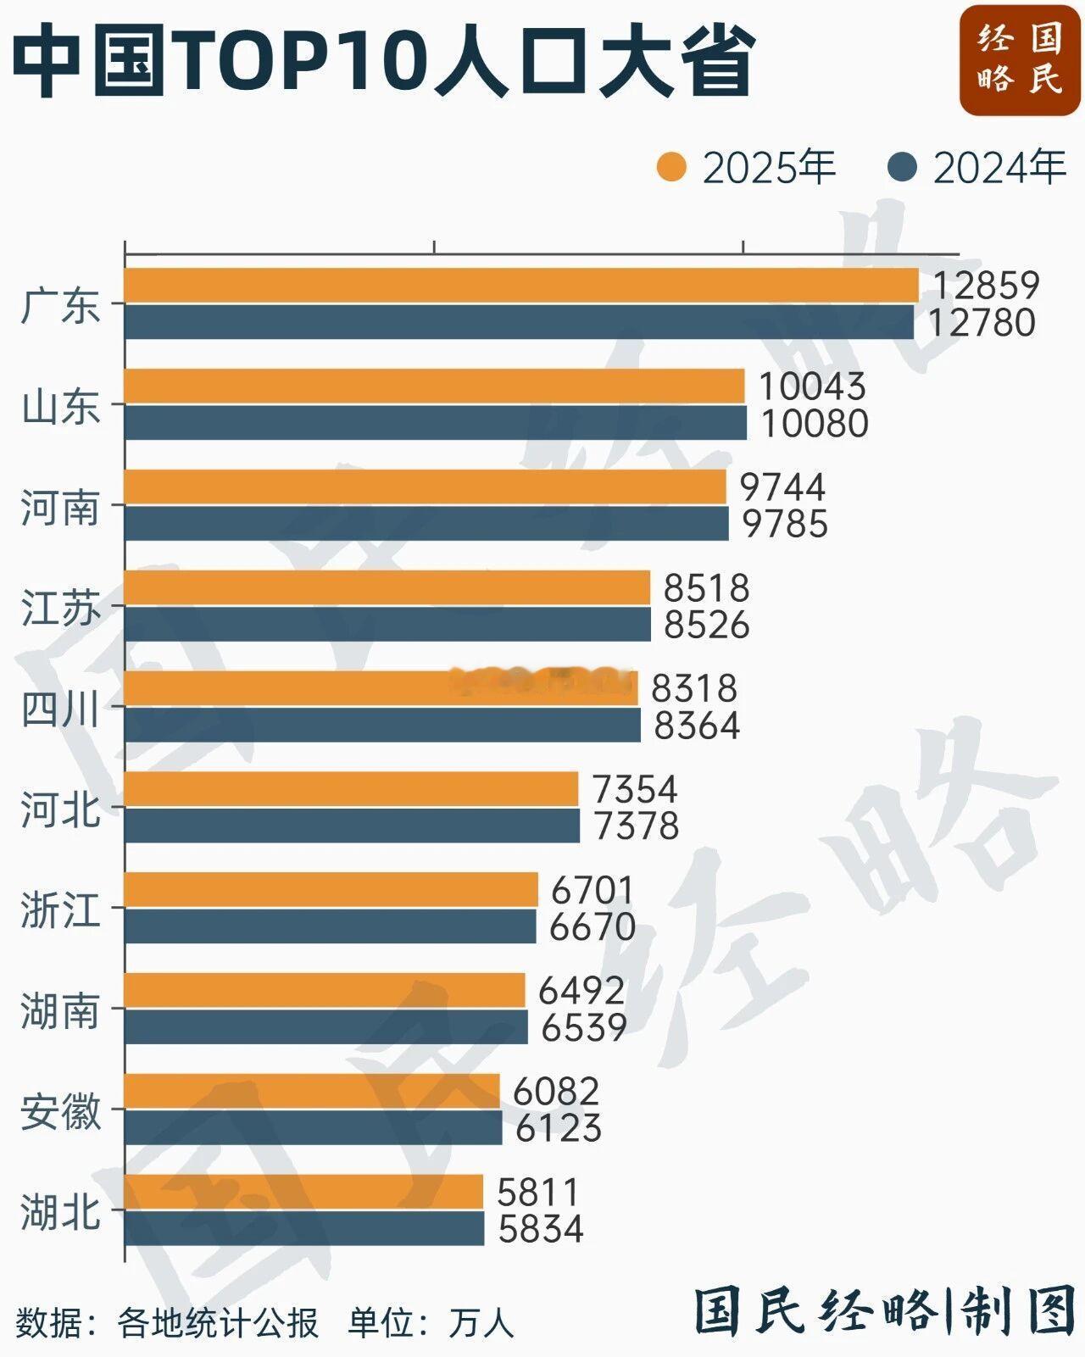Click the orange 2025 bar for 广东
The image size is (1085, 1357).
521,285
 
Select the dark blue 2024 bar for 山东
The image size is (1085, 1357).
436,423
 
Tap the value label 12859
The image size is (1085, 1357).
986,286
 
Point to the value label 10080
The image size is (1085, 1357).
814,424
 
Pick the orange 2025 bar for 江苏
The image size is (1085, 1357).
387,587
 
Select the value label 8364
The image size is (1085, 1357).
697,726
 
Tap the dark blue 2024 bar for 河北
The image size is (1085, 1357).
352,826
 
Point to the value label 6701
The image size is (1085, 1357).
592,890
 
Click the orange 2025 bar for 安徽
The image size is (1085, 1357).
312,1091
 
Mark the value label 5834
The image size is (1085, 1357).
541,1229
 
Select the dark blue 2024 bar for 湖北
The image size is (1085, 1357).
304,1228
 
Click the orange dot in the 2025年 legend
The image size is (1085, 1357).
671,167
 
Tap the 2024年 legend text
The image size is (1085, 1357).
999,168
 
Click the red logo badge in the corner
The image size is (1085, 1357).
1020,59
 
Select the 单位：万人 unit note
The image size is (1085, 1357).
431,1323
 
